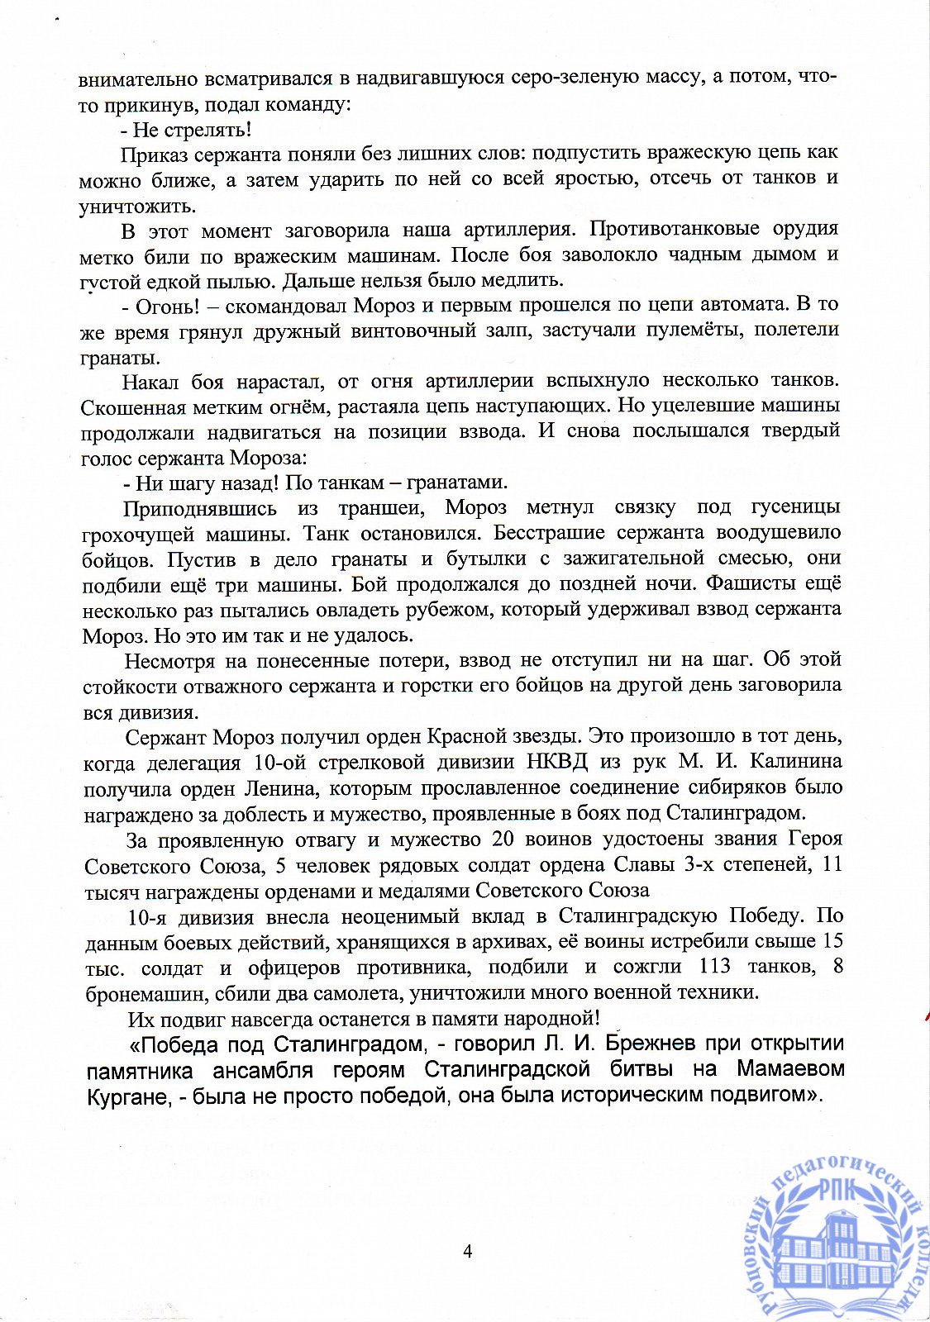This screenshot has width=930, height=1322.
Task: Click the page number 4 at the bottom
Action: point(467,1251)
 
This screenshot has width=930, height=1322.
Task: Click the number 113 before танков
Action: point(715,966)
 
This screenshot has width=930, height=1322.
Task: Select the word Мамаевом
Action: point(790,1069)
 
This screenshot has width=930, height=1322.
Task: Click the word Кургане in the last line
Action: point(126,1096)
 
